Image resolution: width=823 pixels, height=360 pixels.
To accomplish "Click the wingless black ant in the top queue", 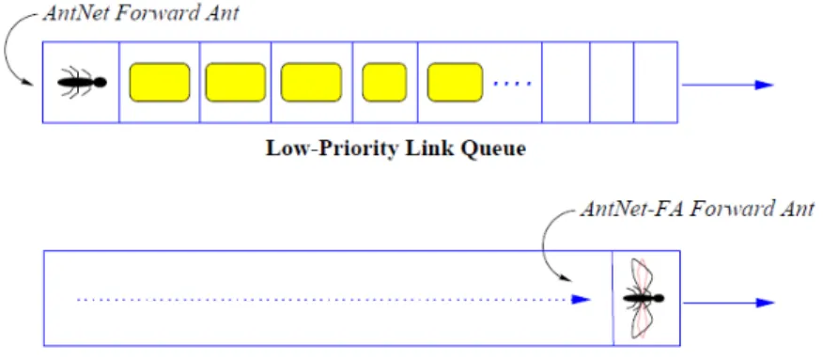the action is pos(82,83).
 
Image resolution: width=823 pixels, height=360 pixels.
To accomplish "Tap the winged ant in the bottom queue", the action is pos(644,298).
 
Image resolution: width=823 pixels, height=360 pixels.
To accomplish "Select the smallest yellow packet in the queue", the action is pos(384,82).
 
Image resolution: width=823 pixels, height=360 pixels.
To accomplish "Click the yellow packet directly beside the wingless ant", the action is pos(160,82).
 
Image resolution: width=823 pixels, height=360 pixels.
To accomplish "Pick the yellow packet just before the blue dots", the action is pos(455,82).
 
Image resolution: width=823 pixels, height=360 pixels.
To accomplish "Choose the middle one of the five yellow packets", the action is pos(311,82).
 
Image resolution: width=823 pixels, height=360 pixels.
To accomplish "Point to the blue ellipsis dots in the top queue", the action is pos(512,84).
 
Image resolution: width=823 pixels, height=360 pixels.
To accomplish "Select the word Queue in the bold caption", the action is pos(492,149).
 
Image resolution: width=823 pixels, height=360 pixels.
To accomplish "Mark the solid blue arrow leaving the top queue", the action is pos(727,85).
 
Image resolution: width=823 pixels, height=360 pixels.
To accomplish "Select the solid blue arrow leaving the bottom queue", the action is pos(728,303).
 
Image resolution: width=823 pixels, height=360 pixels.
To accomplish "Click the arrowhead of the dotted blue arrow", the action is pos(582,299).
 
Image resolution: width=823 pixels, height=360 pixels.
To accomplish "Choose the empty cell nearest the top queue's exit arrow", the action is pos(656,83).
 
